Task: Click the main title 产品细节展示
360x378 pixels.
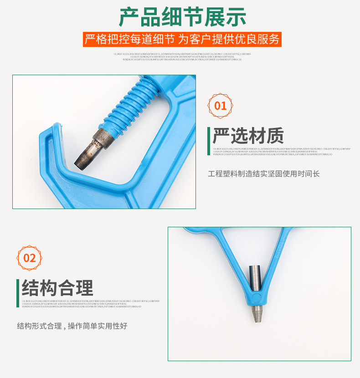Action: (182, 17)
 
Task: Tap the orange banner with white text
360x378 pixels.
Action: (182, 39)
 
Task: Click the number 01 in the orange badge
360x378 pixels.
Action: (221, 106)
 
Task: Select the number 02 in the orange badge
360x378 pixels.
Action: (30, 258)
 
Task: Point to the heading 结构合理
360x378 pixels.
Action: (57, 288)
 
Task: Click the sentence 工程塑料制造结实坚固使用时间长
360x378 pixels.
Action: (264, 174)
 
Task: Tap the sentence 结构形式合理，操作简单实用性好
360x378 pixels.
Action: (72, 326)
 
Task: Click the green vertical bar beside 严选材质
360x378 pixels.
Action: (209, 136)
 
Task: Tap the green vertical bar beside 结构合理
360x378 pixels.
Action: (18, 288)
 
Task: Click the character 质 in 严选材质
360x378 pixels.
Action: (275, 136)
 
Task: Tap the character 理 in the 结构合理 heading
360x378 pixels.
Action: (84, 288)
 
